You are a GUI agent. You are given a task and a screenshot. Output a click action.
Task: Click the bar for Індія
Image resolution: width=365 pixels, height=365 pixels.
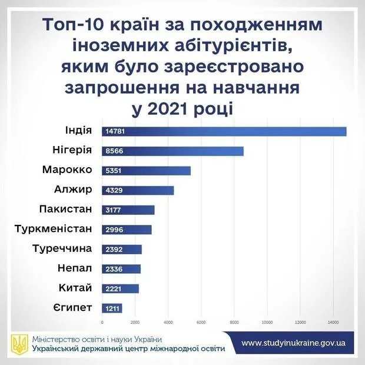[224, 131]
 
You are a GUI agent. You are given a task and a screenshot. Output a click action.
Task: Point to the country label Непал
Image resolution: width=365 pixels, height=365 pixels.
[75, 268]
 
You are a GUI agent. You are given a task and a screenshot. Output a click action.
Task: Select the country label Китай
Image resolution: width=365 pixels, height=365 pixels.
[76, 287]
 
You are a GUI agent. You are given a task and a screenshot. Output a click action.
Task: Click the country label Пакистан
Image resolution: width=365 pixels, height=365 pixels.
[65, 209]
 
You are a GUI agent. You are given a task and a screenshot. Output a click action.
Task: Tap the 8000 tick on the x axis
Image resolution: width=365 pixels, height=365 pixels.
[234, 323]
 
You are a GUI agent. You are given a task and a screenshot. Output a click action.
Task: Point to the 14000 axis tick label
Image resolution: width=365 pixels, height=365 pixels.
[333, 323]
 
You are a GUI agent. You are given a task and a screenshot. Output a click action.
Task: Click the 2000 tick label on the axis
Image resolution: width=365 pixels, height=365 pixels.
[135, 323]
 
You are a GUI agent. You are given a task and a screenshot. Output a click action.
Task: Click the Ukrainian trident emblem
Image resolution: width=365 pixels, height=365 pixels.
[18, 344]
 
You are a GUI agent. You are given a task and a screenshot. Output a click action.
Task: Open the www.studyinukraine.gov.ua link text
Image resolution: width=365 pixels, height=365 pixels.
[293, 343]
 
